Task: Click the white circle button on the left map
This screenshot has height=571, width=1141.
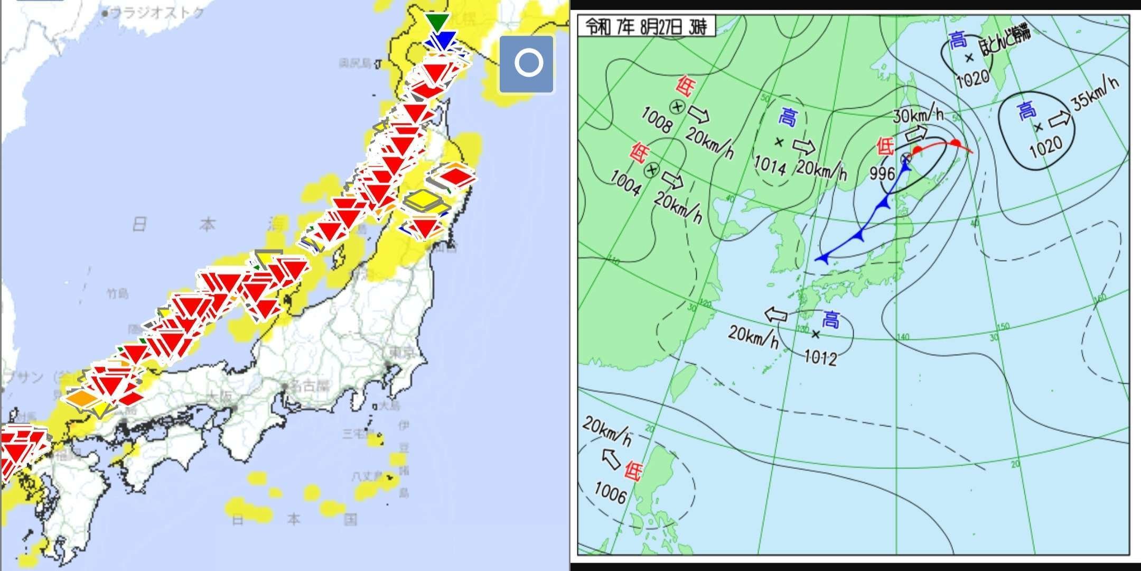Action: click(x=527, y=63)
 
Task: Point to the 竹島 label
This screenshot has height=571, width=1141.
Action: click(x=117, y=294)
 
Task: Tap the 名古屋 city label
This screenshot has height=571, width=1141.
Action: click(x=310, y=386)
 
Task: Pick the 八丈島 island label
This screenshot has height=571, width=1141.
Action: click(x=368, y=476)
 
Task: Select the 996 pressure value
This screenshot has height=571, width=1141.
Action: click(x=882, y=173)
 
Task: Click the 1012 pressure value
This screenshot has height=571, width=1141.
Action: click(x=820, y=358)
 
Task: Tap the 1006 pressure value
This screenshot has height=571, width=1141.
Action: click(x=610, y=493)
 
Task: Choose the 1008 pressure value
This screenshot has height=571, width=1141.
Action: click(x=657, y=119)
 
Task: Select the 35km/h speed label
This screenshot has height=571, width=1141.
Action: click(x=1096, y=93)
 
